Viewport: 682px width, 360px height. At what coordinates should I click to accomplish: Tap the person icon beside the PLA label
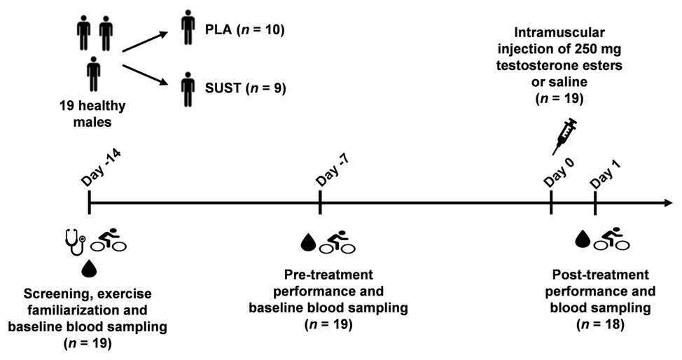(x=187, y=27)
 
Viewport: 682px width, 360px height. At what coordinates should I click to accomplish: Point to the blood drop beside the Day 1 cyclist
(x=582, y=240)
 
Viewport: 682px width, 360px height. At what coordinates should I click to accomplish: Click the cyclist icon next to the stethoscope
(x=109, y=240)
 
